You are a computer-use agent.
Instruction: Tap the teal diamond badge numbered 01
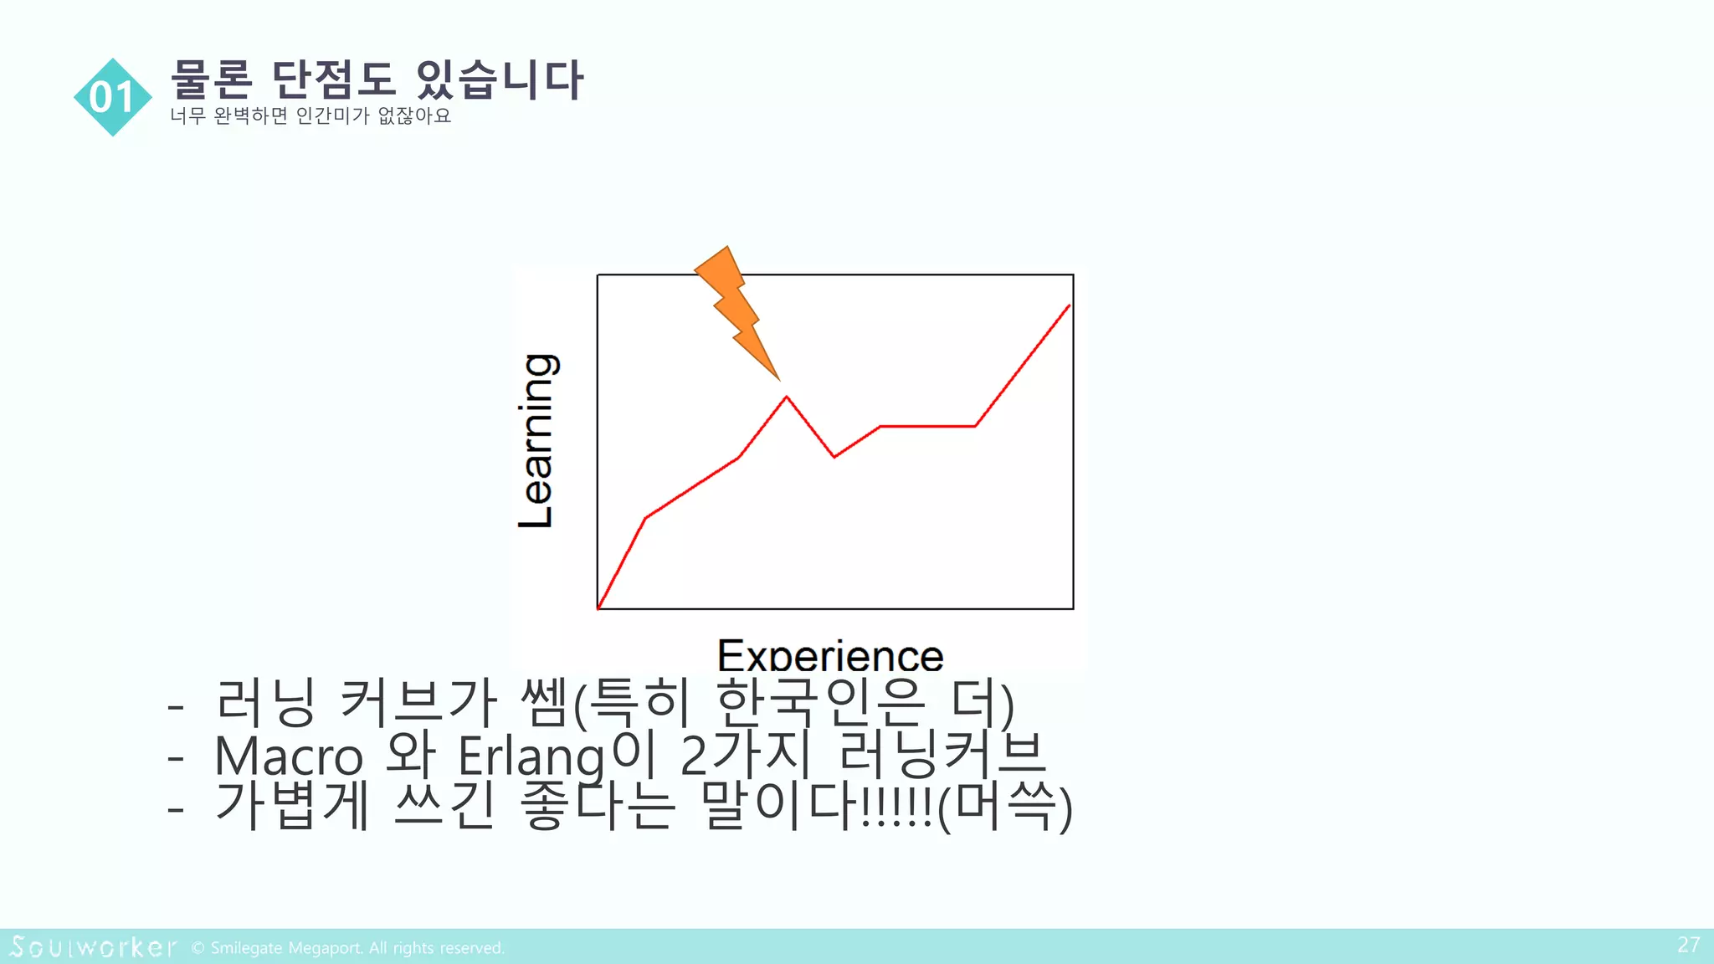[113, 97]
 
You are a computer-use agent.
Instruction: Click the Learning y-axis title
[536, 441]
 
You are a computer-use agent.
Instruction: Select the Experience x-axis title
[830, 655]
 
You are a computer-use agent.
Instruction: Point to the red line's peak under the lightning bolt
[787, 397]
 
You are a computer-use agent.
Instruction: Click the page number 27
[1688, 945]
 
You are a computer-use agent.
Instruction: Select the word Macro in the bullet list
[289, 756]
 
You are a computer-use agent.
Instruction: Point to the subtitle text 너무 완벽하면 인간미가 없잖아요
[310, 115]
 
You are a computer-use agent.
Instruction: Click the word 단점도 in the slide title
[333, 80]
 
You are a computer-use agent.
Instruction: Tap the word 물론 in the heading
[211, 80]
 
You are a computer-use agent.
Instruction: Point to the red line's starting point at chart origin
[598, 608]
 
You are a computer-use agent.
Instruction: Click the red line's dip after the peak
[834, 457]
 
